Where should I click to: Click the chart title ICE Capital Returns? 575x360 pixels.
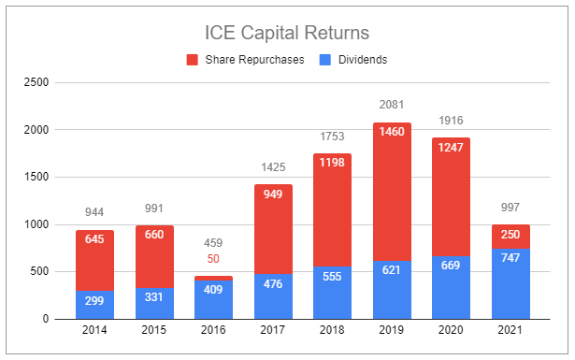[288, 33]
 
